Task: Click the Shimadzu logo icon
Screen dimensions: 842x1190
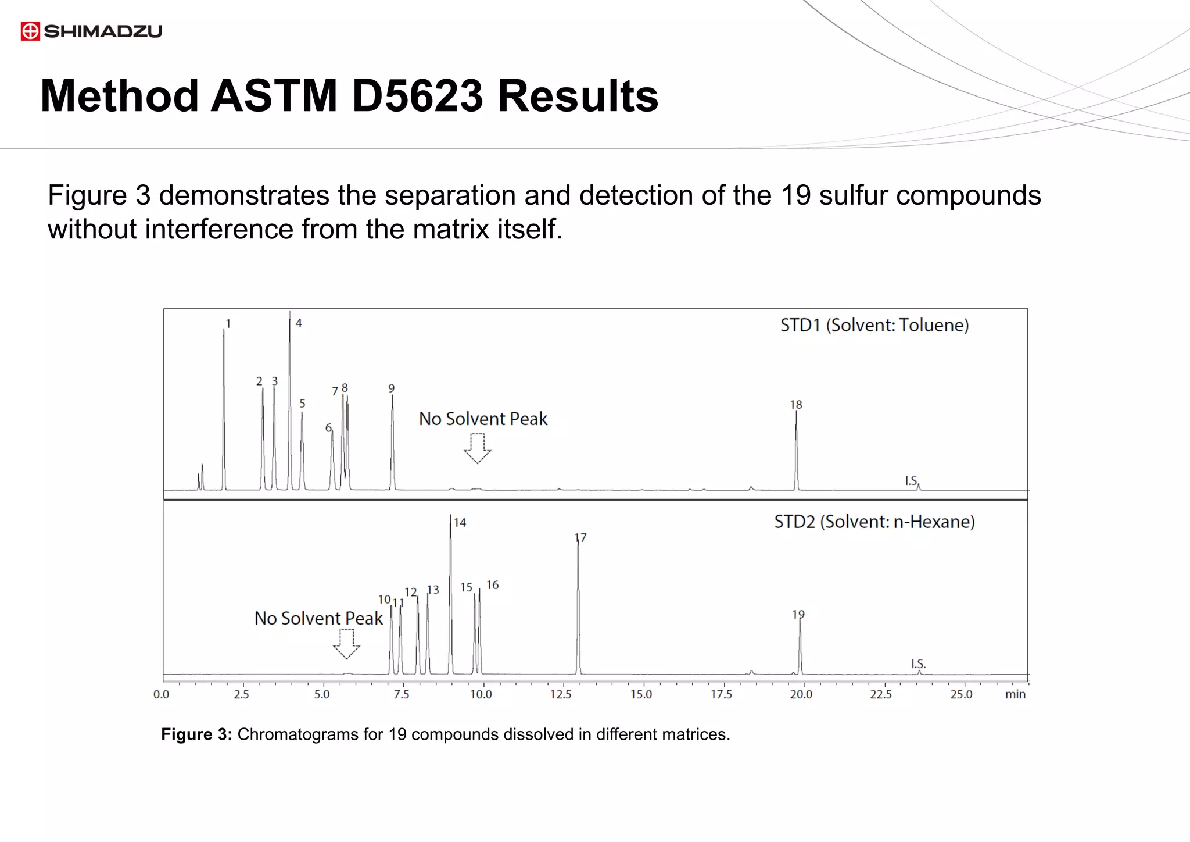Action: [30, 31]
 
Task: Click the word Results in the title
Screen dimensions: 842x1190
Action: [578, 96]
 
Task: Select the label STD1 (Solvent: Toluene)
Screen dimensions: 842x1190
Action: [874, 325]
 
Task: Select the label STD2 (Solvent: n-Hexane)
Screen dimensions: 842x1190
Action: [874, 522]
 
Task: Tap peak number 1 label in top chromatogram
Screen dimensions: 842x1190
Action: [228, 324]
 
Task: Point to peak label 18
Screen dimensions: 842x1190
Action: [796, 405]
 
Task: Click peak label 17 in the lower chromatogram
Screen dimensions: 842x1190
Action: [580, 538]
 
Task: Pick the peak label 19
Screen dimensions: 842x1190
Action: [798, 614]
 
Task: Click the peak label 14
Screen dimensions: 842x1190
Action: [460, 523]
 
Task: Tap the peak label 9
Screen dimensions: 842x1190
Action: [392, 388]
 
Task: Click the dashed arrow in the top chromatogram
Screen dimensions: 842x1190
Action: [477, 448]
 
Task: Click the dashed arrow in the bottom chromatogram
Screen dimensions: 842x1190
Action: [346, 644]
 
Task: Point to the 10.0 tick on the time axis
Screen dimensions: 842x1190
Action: [481, 694]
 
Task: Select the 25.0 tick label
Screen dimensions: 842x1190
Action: [961, 694]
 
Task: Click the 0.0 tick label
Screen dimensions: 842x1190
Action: [162, 694]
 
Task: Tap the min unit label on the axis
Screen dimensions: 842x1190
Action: [1015, 694]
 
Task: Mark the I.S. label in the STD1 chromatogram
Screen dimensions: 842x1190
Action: [911, 481]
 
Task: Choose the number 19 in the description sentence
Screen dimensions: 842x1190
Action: [795, 195]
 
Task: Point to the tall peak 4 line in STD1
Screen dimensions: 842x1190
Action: [290, 401]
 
